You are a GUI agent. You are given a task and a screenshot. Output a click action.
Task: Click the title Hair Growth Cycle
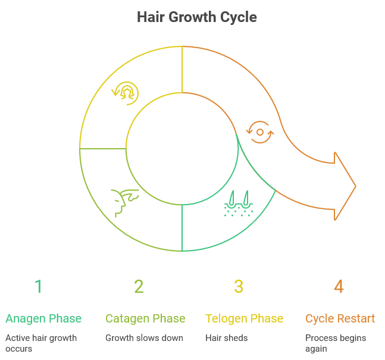197,17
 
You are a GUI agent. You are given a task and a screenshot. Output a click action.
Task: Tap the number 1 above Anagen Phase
39,287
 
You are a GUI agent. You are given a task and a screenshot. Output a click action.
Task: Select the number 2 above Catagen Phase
139,287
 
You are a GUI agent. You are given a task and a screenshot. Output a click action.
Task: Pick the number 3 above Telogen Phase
239,287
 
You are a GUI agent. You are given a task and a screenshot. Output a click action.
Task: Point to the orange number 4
339,287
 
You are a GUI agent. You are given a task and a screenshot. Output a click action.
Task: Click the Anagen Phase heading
43,319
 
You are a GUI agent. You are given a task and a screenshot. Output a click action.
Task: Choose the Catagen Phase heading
145,319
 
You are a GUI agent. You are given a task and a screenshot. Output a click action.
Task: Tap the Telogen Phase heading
244,319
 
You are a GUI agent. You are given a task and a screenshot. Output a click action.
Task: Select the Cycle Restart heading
340,319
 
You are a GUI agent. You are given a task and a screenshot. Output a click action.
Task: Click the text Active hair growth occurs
41,343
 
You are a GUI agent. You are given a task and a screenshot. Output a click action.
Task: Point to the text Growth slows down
144,338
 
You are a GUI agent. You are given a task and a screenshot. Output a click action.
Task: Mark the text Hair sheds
226,338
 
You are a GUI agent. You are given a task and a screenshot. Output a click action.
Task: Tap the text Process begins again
336,343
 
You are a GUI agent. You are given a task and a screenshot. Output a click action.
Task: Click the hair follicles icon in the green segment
238,203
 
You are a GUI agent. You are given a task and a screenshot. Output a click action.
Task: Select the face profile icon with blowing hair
124,202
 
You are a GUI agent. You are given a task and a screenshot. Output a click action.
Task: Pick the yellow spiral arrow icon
126,92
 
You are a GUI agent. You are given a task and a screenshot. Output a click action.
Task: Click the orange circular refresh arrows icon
260,132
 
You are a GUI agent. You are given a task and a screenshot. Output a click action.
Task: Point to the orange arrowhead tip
355,187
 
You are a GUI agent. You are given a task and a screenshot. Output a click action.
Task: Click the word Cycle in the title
238,17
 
